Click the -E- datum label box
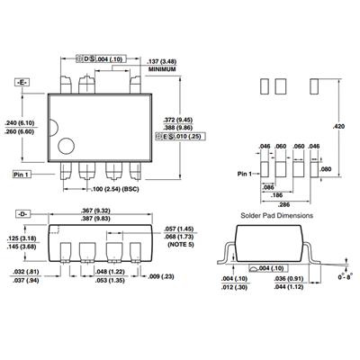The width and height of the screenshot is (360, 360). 22,82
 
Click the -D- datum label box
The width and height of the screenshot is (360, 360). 22,214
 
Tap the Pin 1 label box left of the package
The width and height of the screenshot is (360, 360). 22,175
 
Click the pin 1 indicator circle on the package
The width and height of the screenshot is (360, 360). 66,146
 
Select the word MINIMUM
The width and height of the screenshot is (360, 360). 162,69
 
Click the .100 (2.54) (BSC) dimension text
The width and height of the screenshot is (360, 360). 115,190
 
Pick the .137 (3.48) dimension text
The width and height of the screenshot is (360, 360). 162,62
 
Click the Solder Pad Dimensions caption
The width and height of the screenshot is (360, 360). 277,215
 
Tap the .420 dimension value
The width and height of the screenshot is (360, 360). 338,126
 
